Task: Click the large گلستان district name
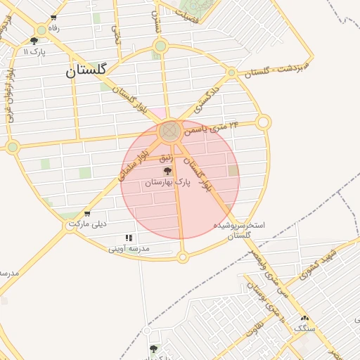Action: (86, 70)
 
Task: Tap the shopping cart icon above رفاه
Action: (53, 18)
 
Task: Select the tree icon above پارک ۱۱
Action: (34, 41)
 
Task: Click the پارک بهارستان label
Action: (168, 183)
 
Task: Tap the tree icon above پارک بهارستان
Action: (168, 172)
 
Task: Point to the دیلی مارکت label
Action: (86, 225)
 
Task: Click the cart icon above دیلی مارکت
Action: (86, 214)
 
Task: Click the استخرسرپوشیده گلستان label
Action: (240, 230)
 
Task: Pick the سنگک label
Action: (304, 328)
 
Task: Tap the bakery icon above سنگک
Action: (304, 319)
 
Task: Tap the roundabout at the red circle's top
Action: (169, 131)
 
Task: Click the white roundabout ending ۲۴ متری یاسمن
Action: (264, 122)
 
